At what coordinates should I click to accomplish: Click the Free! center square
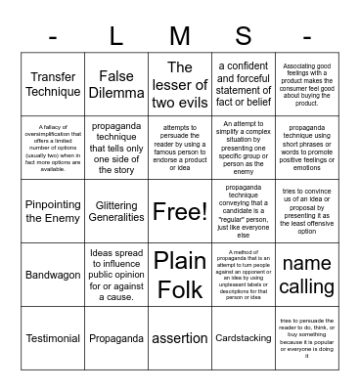point(180,211)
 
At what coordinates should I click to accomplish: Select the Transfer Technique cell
point(54,85)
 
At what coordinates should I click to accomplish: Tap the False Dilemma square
point(116,85)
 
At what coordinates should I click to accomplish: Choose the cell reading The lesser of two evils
point(180,85)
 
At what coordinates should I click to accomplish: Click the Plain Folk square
point(180,275)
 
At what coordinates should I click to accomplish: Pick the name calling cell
point(306,275)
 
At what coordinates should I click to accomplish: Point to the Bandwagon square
point(54,275)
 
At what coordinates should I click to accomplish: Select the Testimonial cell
point(54,338)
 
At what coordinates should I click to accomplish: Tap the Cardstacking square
point(243,338)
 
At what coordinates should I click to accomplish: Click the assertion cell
point(180,338)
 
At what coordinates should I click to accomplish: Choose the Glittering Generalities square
point(116,211)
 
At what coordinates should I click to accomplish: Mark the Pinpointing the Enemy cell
point(54,211)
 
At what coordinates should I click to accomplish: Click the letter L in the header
point(116,37)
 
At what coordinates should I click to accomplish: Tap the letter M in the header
point(180,37)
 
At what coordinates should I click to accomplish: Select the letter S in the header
point(243,37)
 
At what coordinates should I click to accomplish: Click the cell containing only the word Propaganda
point(116,338)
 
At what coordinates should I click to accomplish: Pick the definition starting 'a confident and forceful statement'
point(243,85)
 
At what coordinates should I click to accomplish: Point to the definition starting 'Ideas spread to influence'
point(116,275)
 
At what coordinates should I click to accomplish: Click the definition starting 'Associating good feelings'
point(306,85)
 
